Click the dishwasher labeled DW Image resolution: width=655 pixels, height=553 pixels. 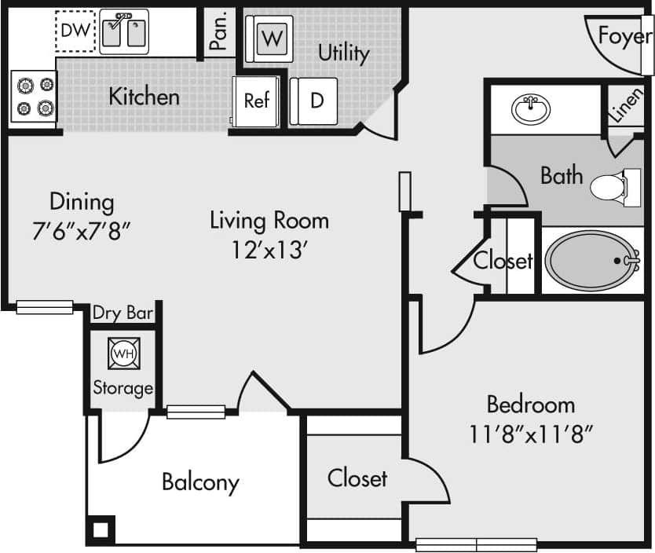coord(75,31)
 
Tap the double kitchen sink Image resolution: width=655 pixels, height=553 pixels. coord(124,32)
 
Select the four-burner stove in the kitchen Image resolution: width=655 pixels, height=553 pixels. coord(35,97)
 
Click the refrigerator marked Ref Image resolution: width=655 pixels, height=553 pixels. coord(256,101)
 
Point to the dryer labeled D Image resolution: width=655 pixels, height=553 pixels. coord(314,101)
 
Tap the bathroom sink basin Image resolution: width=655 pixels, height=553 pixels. coord(531,108)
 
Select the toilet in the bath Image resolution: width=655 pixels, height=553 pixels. coord(609,187)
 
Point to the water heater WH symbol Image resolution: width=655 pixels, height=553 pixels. coord(123,353)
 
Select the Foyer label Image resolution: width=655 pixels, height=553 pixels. coord(625,36)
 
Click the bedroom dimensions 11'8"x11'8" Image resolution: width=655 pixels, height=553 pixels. coord(530,433)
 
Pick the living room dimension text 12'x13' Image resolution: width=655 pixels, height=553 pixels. coord(269,250)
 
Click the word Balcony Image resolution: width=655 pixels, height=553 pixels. coord(200,482)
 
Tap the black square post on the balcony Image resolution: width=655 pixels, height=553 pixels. coord(101,529)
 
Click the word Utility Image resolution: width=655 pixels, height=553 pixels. coord(343,53)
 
